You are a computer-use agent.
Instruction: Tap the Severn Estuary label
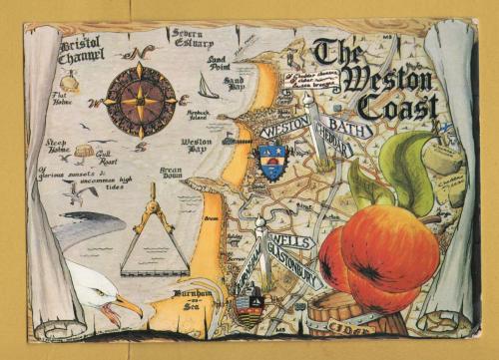191,39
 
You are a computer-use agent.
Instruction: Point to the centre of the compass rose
141,99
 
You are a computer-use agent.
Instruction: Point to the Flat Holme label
66,99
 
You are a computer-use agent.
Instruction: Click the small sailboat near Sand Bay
208,89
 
